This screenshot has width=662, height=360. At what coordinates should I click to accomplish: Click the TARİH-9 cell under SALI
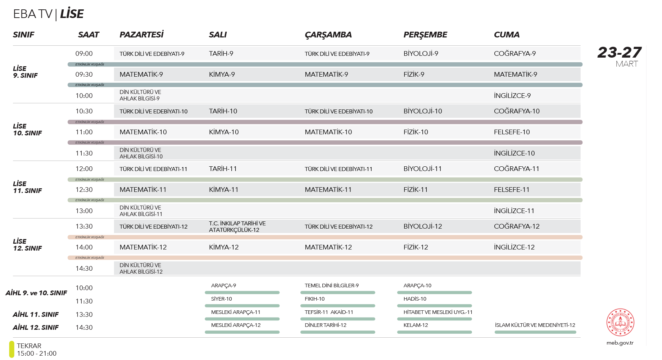click(221, 54)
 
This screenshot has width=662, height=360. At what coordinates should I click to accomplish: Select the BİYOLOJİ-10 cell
click(422, 111)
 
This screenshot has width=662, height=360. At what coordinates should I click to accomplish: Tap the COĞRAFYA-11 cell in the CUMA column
click(516, 169)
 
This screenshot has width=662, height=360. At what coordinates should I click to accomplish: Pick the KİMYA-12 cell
click(223, 247)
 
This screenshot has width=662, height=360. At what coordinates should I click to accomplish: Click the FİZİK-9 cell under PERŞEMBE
click(414, 75)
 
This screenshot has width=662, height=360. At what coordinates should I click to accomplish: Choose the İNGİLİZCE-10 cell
click(514, 153)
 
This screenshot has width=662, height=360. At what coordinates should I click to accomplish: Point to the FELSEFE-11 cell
click(511, 190)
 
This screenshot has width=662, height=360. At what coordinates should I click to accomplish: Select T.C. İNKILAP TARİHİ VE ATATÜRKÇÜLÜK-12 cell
click(237, 226)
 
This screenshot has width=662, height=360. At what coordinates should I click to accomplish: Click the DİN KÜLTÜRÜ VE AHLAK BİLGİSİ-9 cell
click(140, 95)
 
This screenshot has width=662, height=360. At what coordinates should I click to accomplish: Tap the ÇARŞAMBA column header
click(328, 35)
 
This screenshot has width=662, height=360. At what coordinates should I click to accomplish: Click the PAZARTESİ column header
click(141, 35)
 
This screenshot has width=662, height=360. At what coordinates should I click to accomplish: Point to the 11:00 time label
click(84, 132)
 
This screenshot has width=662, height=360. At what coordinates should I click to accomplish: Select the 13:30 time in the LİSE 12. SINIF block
click(84, 226)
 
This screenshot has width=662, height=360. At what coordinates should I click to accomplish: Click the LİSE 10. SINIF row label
click(27, 130)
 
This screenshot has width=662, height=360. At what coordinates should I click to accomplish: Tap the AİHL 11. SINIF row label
click(36, 315)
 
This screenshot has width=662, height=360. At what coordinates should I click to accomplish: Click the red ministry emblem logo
click(620, 322)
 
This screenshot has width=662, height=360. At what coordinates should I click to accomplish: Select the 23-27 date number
click(619, 53)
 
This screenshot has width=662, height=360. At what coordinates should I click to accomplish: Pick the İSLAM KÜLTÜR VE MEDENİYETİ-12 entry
click(535, 325)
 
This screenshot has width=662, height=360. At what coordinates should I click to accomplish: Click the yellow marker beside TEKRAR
click(12, 349)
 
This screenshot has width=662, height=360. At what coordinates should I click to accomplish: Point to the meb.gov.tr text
click(620, 343)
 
